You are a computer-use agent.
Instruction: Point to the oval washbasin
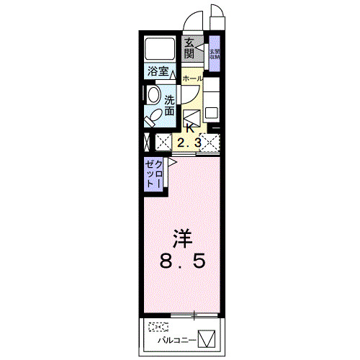(153, 95)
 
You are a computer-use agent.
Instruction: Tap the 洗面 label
(169, 106)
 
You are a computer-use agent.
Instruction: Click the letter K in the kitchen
(190, 128)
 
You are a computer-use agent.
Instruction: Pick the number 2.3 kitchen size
(189, 143)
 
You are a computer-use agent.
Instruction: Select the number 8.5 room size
(184, 261)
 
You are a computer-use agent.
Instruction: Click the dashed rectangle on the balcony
(158, 325)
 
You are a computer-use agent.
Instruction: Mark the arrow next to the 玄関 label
(199, 48)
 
